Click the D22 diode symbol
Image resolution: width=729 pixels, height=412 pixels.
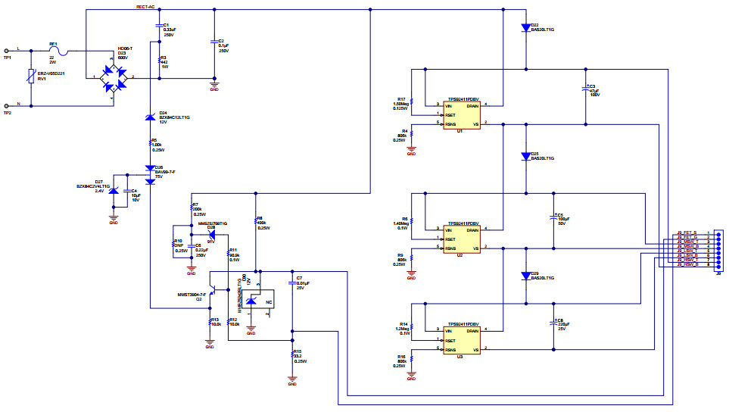(525, 27)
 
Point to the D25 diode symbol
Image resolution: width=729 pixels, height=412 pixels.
(525, 156)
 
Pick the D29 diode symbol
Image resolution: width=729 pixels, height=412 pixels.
(525, 276)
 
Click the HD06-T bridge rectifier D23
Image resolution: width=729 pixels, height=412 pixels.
(112, 77)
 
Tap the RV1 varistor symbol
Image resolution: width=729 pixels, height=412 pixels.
(30, 77)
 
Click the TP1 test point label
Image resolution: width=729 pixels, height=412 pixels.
(8, 58)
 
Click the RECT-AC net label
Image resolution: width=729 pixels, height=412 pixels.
(145, 6)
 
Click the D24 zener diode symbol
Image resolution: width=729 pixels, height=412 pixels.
(150, 116)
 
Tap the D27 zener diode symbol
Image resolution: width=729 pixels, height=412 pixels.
(114, 192)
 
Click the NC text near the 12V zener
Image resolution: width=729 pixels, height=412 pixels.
(268, 302)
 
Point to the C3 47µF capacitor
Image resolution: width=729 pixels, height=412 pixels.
(584, 89)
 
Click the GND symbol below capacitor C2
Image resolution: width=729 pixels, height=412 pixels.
(214, 85)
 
